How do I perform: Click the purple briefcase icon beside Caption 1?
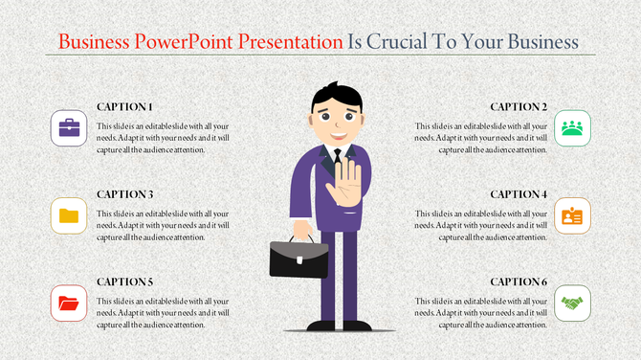[x=68, y=128]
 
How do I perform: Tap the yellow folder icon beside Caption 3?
[x=68, y=215]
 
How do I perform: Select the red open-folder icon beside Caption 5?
[x=68, y=304]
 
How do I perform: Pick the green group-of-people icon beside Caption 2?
[x=572, y=128]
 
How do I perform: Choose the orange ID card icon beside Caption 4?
[x=572, y=215]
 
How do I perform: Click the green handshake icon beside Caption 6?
[x=572, y=304]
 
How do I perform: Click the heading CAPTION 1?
[x=124, y=106]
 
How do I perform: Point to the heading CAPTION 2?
[x=519, y=106]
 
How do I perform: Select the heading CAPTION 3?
[x=124, y=194]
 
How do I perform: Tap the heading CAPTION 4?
[x=519, y=194]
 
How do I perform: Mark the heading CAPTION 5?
[x=124, y=281]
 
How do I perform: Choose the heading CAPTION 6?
[x=519, y=281]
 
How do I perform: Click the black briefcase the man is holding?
[x=298, y=257]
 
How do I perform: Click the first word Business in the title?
[x=94, y=42]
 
